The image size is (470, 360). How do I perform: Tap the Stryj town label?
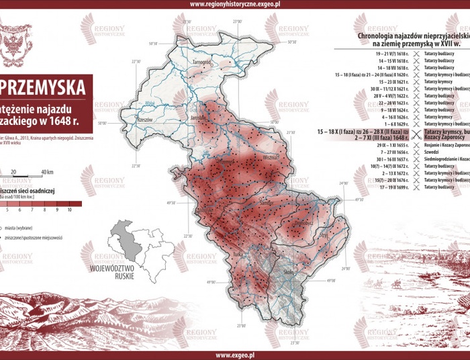click(326, 236)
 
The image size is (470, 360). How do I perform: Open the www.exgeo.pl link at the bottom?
click(234, 355)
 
